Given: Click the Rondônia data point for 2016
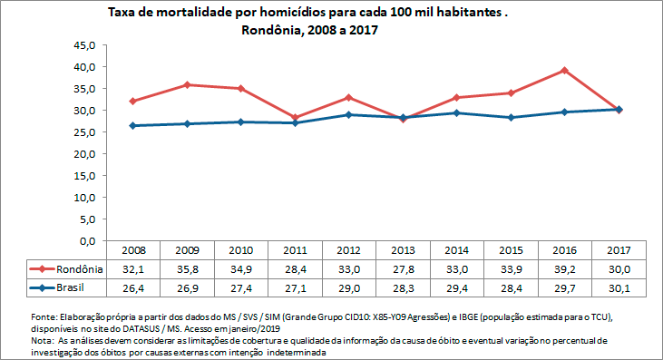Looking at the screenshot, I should (x=564, y=70).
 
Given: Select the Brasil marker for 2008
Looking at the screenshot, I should (x=132, y=125).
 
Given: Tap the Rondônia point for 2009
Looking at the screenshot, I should (x=186, y=84).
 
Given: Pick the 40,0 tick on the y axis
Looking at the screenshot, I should (x=84, y=67).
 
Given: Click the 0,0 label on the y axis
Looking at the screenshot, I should (x=87, y=241).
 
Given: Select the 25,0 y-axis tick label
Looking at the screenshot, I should (x=84, y=132).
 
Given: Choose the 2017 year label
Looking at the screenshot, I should (x=619, y=250).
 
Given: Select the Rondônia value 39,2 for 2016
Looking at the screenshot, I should (x=564, y=268).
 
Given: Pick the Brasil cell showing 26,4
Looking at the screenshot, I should (x=132, y=287).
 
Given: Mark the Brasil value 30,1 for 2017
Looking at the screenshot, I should (x=619, y=287).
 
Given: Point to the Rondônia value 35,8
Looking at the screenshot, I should (x=186, y=268).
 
